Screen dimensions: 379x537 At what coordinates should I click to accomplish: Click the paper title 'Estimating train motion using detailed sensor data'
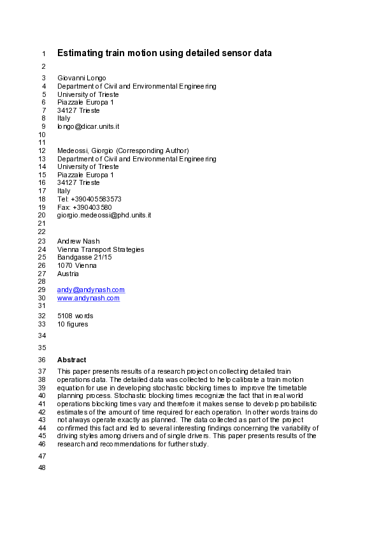[164, 53]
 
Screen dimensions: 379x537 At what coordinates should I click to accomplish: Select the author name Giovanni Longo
[81, 78]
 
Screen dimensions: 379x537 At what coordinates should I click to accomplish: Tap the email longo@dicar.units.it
[88, 127]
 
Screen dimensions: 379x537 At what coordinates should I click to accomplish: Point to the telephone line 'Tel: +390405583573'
[89, 199]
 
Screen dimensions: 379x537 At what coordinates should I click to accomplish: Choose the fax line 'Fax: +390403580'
[84, 207]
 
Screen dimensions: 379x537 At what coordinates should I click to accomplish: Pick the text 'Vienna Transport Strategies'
[101, 249]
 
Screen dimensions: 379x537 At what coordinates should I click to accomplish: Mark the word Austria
[68, 274]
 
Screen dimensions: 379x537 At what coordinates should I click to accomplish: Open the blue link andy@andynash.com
[91, 290]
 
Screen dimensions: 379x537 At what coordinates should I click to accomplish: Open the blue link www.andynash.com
[89, 298]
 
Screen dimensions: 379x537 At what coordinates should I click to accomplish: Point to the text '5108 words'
[75, 316]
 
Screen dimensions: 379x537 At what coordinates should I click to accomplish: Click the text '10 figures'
[73, 324]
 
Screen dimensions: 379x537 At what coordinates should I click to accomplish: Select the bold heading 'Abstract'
[71, 360]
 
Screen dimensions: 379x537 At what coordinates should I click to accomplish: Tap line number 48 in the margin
[43, 469]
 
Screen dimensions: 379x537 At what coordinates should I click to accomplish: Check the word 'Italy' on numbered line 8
[64, 119]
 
